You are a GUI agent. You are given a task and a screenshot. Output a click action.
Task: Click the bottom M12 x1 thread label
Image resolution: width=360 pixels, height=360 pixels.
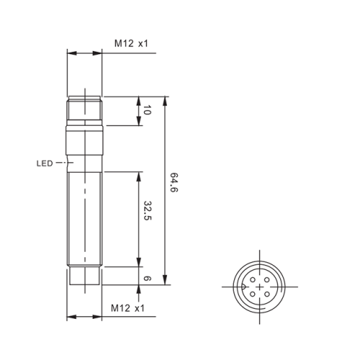coord(130,308)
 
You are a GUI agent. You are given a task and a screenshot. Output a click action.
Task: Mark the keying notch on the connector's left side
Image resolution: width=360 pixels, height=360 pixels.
coord(243,286)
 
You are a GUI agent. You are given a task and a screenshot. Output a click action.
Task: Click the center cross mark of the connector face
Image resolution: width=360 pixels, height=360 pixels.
coord(259,286)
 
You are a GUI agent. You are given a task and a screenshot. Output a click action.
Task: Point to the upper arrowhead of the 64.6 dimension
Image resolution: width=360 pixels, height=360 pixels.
coord(166,101)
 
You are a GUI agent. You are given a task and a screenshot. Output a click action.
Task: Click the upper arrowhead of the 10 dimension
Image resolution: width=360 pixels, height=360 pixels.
coord(138,101)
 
